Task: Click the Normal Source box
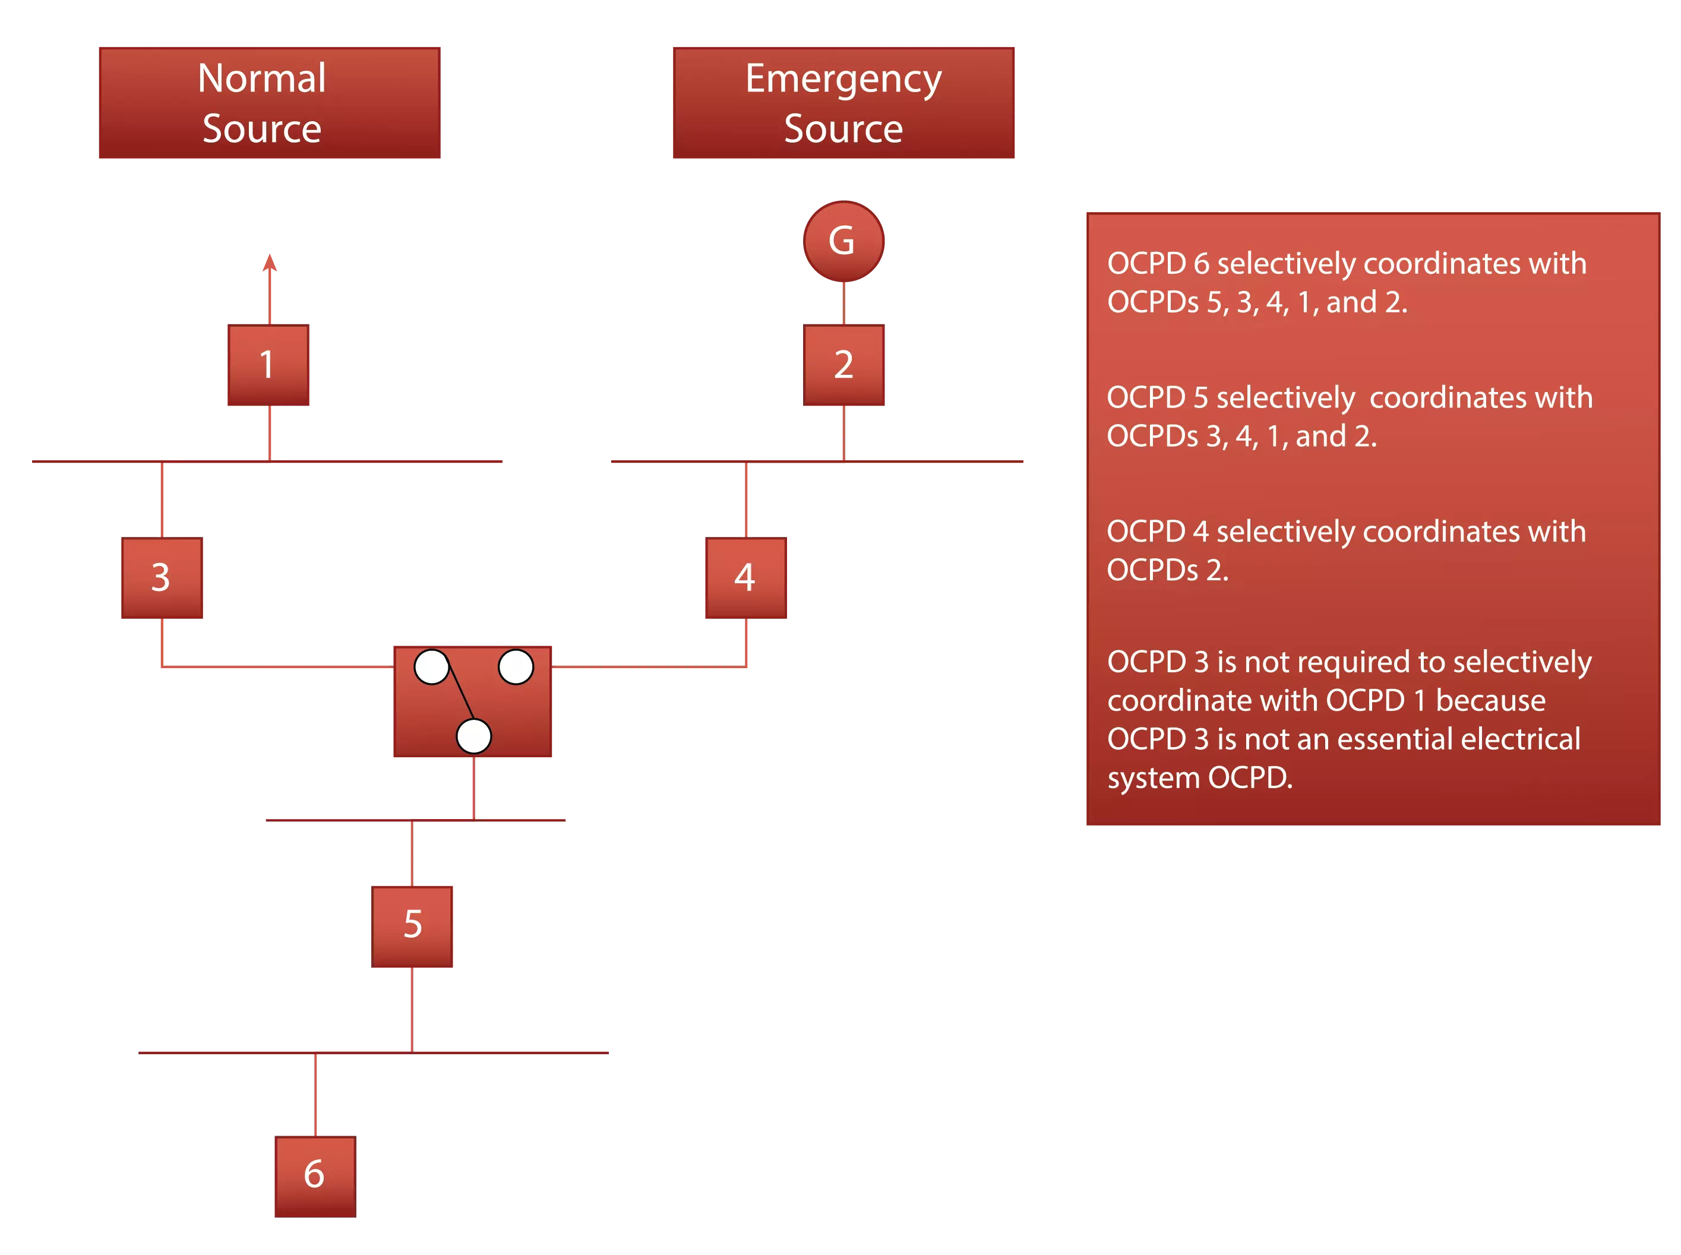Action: [x=267, y=102]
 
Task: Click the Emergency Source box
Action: [x=842, y=102]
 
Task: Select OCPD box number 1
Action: [x=267, y=365]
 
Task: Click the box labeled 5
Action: [x=412, y=925]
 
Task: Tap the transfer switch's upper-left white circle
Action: [x=431, y=666]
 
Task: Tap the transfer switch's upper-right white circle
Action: [x=515, y=666]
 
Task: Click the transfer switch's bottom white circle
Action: [x=473, y=735]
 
